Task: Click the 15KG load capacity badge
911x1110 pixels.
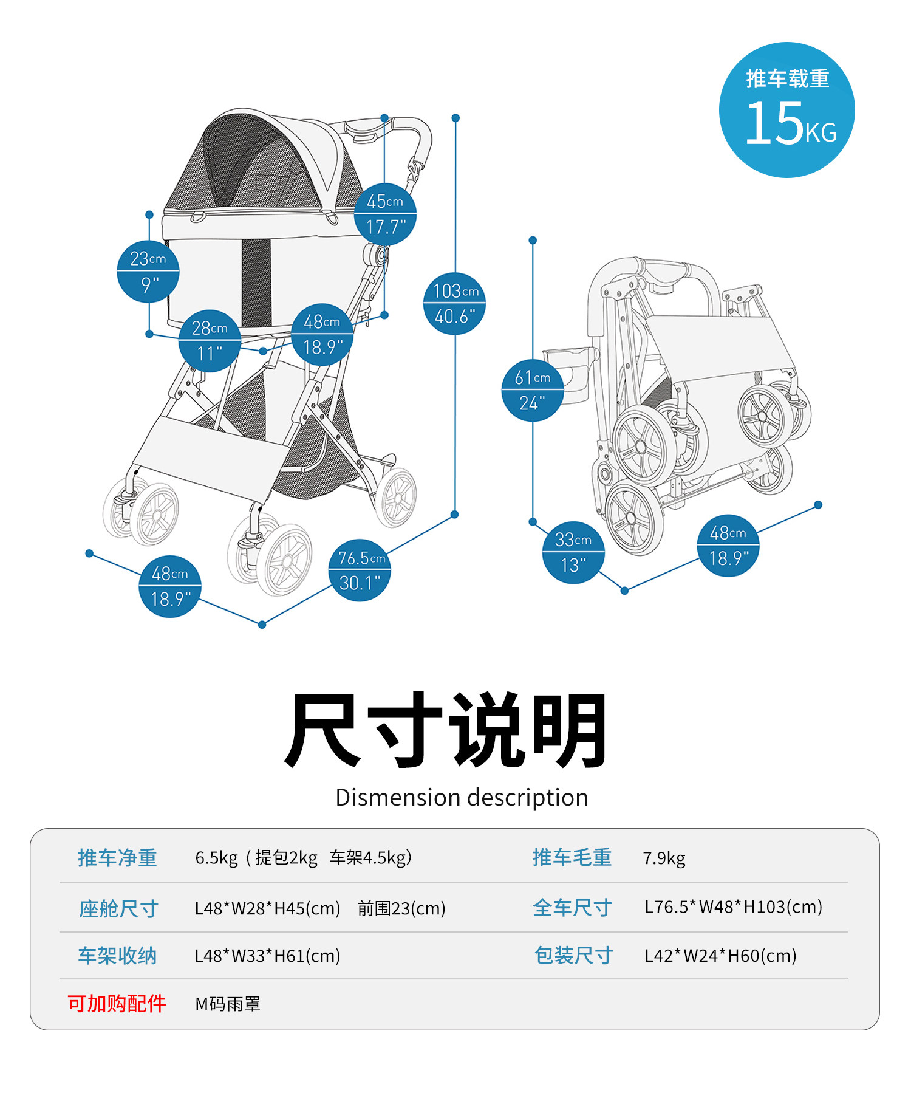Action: pyautogui.click(x=786, y=110)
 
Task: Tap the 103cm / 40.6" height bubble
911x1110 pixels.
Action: pyautogui.click(x=455, y=303)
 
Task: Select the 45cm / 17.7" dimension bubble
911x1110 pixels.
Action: pyautogui.click(x=385, y=214)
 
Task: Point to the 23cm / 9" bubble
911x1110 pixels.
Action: pyautogui.click(x=148, y=271)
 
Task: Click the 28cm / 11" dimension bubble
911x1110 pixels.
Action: pyautogui.click(x=210, y=340)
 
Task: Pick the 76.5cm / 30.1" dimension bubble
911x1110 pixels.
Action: pyautogui.click(x=360, y=570)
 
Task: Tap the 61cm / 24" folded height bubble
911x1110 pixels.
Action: pyautogui.click(x=533, y=390)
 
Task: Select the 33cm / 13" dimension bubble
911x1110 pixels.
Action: pyautogui.click(x=573, y=552)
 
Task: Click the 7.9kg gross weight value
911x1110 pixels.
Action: pyautogui.click(x=664, y=858)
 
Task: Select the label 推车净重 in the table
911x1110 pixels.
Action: pyautogui.click(x=117, y=858)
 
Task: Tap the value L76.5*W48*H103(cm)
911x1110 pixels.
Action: pyautogui.click(x=733, y=907)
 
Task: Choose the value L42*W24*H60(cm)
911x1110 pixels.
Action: pyautogui.click(x=720, y=956)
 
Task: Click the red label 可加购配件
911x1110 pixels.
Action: pyautogui.click(x=117, y=1003)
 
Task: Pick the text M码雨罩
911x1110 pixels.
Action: pyautogui.click(x=228, y=1004)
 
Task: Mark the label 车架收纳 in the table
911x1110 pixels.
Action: pyautogui.click(x=117, y=956)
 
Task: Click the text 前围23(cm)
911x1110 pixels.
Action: pyautogui.click(x=401, y=908)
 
